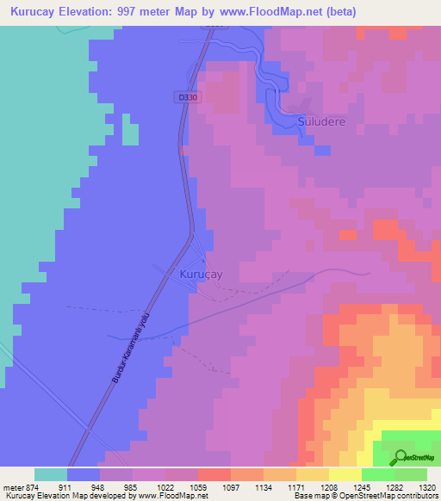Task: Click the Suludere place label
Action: click(x=322, y=122)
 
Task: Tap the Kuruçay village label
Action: click(x=202, y=273)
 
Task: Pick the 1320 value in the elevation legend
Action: click(x=425, y=487)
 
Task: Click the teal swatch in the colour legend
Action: click(x=51, y=474)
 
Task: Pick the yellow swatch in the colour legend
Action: click(x=345, y=474)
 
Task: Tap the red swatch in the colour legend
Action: click(x=214, y=474)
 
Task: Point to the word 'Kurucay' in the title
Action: click(x=36, y=12)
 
